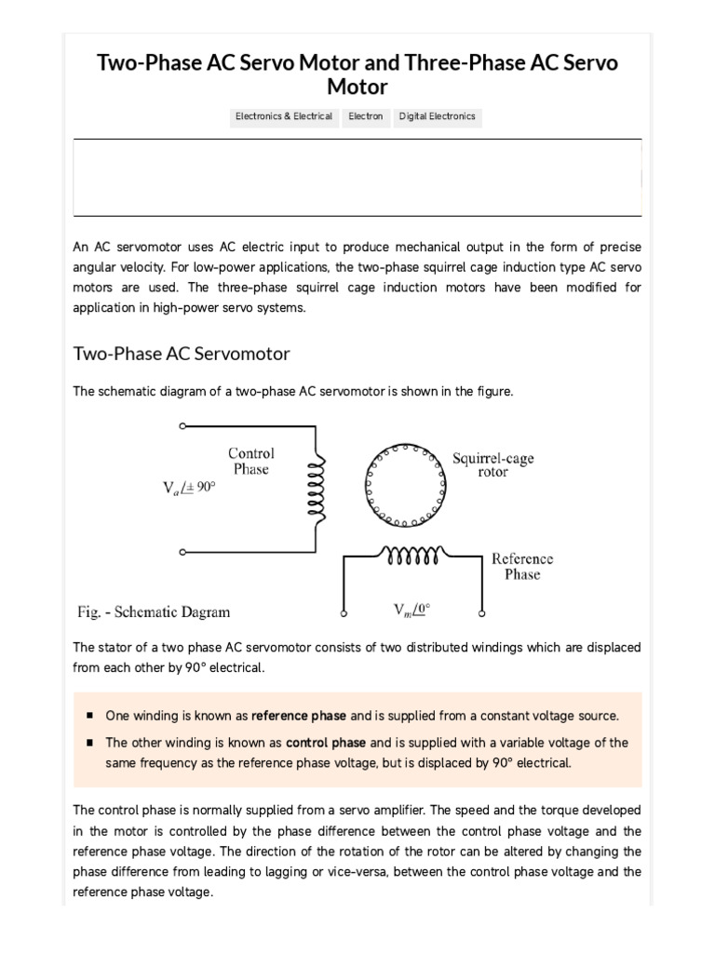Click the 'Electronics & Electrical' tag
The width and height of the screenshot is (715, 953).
click(284, 117)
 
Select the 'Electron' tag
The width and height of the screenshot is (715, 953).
click(366, 117)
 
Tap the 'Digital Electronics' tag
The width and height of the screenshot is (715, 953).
click(437, 117)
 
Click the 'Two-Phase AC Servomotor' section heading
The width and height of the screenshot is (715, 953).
click(181, 354)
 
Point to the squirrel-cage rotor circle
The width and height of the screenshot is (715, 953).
click(404, 481)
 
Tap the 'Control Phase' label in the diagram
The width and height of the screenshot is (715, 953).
click(251, 462)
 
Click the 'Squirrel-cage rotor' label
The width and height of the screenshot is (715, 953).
click(492, 465)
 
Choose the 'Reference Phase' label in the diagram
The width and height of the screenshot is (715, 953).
click(521, 567)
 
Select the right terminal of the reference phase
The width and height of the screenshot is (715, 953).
click(481, 615)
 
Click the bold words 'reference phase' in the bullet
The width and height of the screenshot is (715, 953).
click(299, 716)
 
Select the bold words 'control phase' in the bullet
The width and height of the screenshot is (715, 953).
click(326, 743)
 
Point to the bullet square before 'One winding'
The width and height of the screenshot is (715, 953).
click(89, 716)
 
